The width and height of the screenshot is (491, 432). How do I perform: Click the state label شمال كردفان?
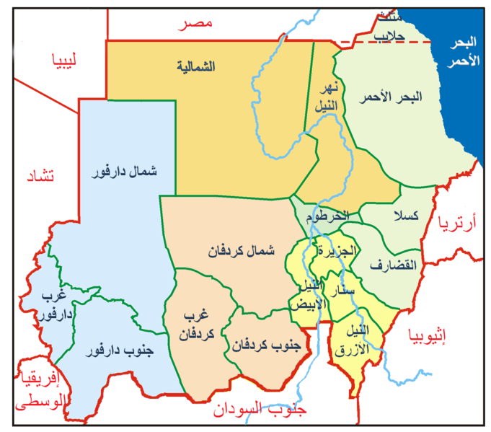[241, 252]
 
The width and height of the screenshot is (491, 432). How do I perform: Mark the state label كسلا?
[398, 216]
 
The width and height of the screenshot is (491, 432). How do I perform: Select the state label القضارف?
[394, 265]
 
